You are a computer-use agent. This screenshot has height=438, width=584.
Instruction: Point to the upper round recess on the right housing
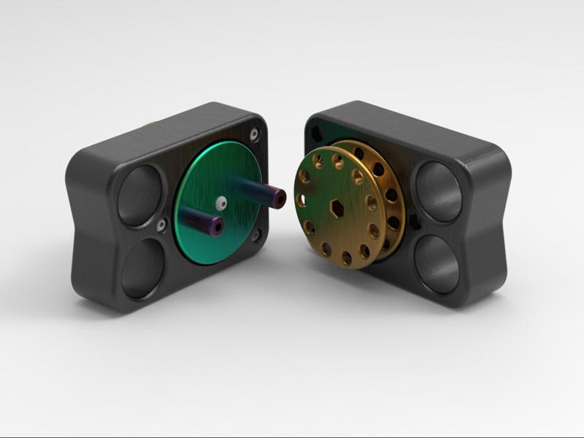(437, 192)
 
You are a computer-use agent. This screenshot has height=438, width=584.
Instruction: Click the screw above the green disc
(253, 135)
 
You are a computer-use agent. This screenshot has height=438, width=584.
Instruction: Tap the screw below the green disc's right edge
(257, 235)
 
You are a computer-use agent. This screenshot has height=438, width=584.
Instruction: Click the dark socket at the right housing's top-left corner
(316, 131)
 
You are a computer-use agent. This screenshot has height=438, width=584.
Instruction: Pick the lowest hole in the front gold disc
(346, 256)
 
